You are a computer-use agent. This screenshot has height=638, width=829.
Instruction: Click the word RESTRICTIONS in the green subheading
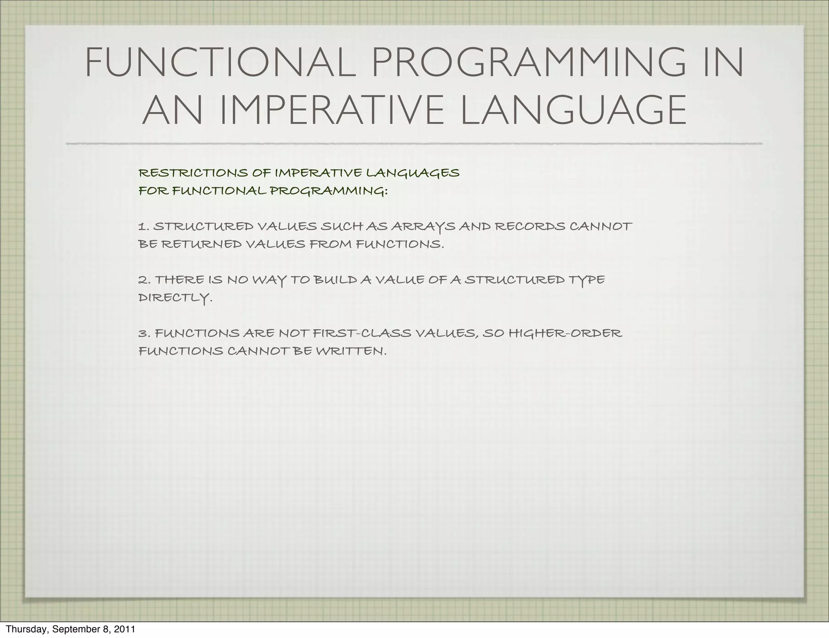(193, 173)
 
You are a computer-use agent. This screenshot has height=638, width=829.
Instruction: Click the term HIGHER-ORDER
(565, 334)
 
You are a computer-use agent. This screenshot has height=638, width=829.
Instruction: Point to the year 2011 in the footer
(124, 629)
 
